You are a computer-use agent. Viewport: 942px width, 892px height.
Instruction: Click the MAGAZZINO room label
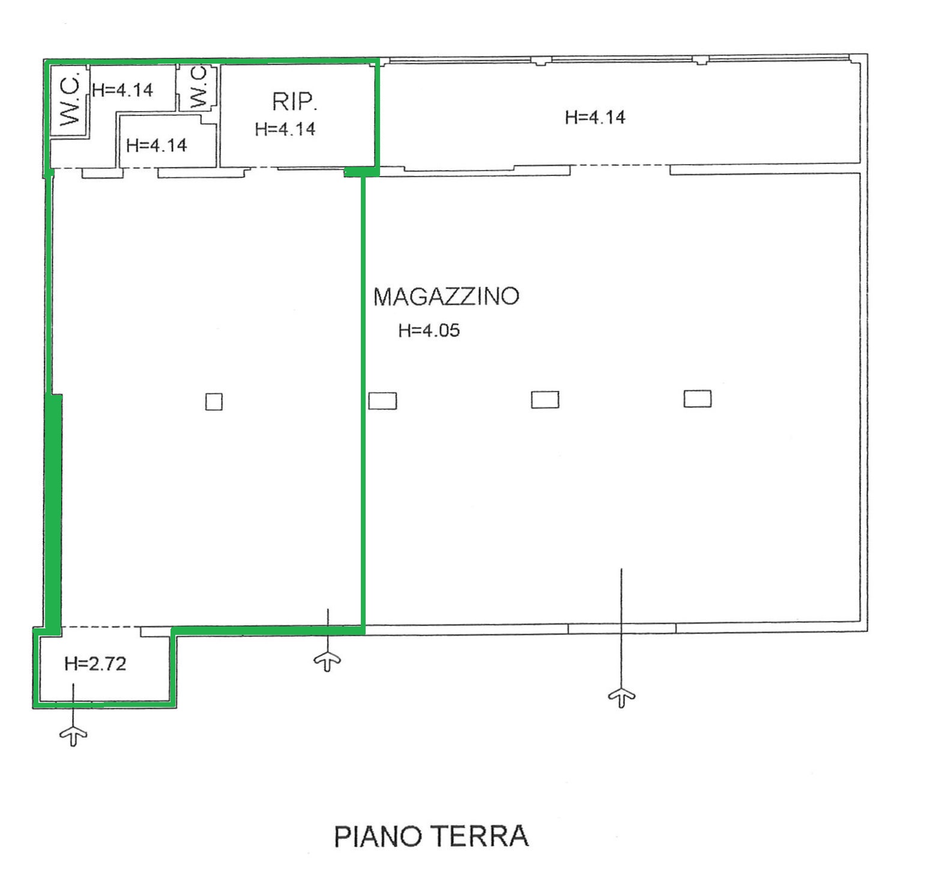[446, 297]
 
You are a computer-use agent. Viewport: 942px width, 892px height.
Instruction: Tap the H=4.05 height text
[429, 330]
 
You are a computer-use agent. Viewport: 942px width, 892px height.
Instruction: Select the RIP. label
[294, 102]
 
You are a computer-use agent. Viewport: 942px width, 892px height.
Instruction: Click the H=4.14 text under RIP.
[285, 129]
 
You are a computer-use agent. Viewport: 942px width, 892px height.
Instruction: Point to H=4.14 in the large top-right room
[595, 117]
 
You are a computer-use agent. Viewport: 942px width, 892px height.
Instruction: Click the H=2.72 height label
[95, 664]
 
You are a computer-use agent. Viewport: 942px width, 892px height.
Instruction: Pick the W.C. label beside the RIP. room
[198, 88]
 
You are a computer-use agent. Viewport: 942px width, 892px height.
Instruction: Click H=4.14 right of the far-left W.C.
[122, 90]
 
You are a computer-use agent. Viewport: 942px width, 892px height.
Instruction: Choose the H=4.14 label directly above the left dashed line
[157, 145]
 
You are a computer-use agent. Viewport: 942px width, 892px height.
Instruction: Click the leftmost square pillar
[214, 402]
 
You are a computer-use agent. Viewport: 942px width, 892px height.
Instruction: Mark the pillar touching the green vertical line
[382, 401]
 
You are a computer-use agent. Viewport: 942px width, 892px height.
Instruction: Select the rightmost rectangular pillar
[698, 399]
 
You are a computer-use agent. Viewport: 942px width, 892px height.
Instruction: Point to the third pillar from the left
[545, 399]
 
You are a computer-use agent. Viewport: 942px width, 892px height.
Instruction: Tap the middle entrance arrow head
[327, 661]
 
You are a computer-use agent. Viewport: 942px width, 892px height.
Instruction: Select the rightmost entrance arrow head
[621, 697]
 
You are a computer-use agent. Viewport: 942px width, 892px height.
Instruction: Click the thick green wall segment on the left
[54, 514]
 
